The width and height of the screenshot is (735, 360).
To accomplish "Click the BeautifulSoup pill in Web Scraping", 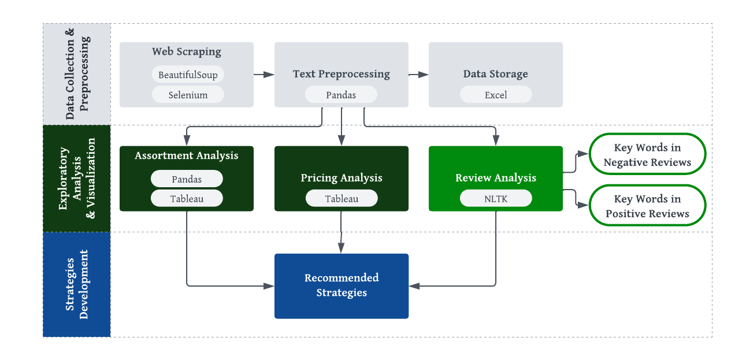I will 188,75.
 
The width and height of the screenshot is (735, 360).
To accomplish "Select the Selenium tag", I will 188,95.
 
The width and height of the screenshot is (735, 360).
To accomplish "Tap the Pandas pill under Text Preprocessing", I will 341,95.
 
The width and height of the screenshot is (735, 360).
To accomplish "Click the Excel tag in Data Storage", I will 496,95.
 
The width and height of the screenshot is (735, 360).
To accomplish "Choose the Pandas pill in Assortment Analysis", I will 187,179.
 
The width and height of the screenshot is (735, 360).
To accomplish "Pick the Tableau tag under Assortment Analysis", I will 187,199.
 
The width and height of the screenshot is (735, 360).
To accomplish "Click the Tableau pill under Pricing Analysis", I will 341,199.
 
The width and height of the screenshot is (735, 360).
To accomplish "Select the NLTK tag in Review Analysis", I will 496,199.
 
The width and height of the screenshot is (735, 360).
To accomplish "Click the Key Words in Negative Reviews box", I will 647,155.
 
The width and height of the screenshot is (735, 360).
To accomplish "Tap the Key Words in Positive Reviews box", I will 647,206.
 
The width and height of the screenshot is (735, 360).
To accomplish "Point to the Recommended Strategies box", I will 341,285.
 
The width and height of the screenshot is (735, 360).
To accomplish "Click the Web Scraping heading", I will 187,51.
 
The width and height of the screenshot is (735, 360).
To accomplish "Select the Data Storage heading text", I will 496,74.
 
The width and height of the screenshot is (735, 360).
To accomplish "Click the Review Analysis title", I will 496,178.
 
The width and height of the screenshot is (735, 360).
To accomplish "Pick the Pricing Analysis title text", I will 341,178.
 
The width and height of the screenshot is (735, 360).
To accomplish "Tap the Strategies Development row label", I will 77,284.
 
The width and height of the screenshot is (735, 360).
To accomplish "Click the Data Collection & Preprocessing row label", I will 77,74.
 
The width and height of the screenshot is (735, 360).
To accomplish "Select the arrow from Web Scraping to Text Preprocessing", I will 263,75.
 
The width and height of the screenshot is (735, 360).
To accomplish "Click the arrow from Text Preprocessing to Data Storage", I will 418,75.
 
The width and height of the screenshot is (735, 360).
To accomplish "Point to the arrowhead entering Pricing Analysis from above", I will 341,140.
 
